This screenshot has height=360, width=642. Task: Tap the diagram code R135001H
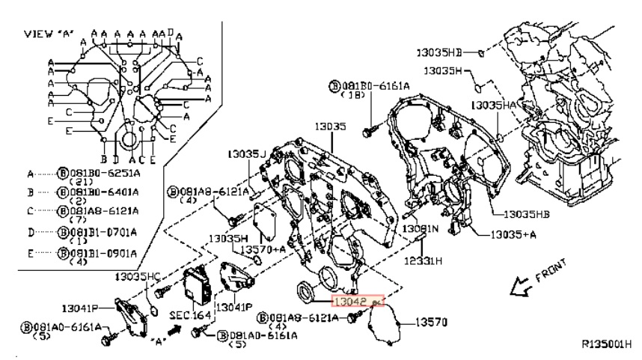coord(606,344)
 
